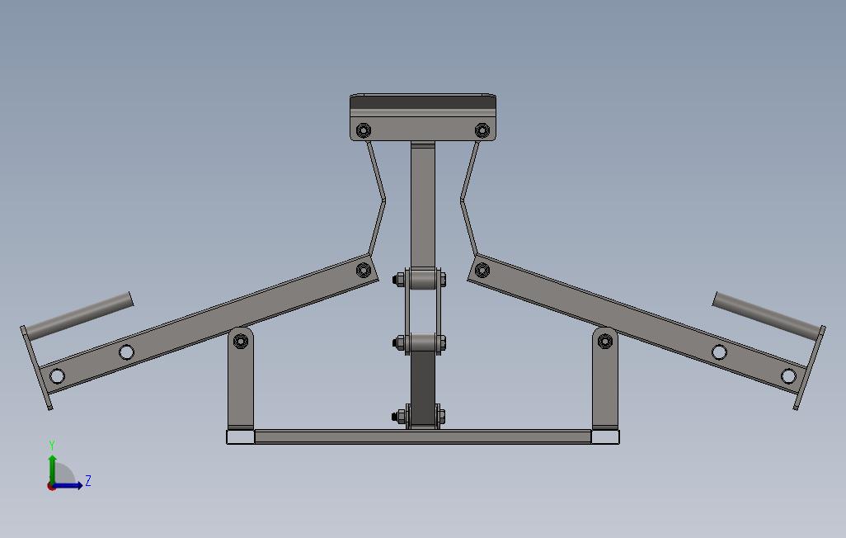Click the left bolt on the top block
[364, 130]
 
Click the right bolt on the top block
[482, 130]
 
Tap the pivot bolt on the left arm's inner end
[363, 270]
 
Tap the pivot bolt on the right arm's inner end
[482, 270]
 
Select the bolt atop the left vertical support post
[241, 341]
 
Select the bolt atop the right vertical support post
[604, 340]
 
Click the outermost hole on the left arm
[57, 376]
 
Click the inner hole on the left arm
[126, 352]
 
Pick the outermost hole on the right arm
[788, 376]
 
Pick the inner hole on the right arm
[719, 352]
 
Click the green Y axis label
[52, 446]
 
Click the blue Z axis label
[88, 481]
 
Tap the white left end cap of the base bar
[240, 437]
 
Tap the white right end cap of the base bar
[605, 437]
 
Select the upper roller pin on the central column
[422, 280]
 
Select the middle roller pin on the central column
[422, 342]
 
